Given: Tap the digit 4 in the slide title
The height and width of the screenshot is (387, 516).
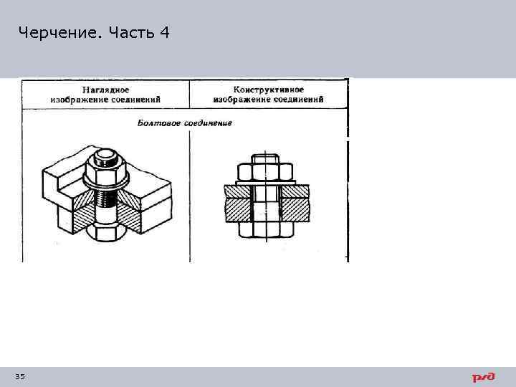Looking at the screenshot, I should (165, 32).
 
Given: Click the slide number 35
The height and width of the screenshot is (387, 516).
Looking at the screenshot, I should (19, 376).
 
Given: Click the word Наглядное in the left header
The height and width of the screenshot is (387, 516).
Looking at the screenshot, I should (105, 90).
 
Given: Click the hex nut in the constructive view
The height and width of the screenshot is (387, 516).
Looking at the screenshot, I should (265, 172).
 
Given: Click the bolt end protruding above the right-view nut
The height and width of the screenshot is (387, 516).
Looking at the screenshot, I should (266, 158).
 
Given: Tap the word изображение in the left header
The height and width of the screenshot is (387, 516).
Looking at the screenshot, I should (75, 99).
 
